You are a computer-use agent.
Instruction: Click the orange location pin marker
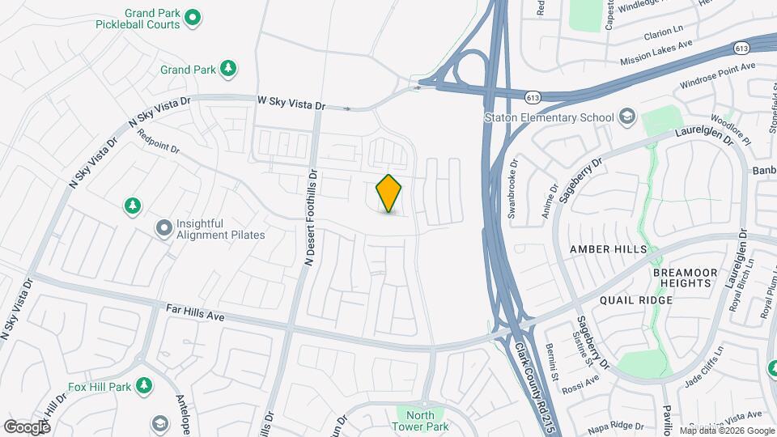tap(389, 193)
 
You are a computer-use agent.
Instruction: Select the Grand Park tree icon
tap(229, 69)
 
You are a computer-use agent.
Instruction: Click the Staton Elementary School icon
tap(626, 117)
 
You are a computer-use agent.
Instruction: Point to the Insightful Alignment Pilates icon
tap(164, 228)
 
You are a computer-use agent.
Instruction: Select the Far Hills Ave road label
tap(194, 312)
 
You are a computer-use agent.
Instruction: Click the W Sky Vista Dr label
tap(291, 104)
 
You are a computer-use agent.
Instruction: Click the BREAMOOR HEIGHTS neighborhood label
tap(686, 278)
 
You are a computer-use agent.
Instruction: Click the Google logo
tap(27, 426)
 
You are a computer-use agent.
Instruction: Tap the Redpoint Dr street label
tap(158, 141)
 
